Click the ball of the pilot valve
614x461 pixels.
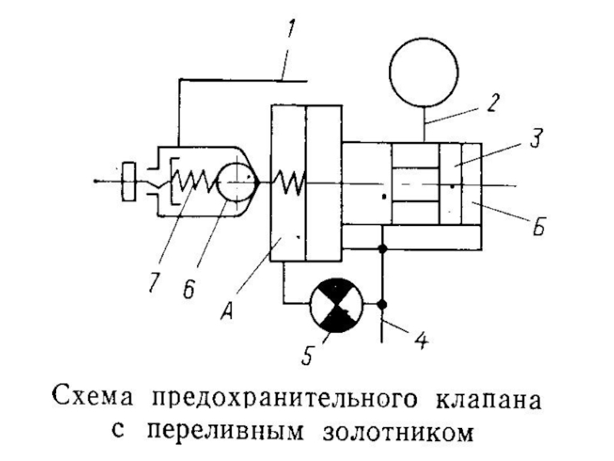(234, 181)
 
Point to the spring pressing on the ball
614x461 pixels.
(196, 182)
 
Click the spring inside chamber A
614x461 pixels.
(290, 182)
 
